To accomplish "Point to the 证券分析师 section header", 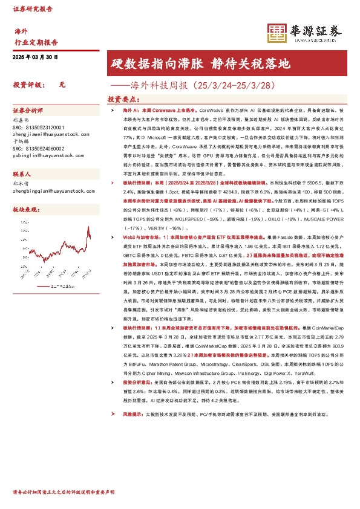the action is coord(28,111).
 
